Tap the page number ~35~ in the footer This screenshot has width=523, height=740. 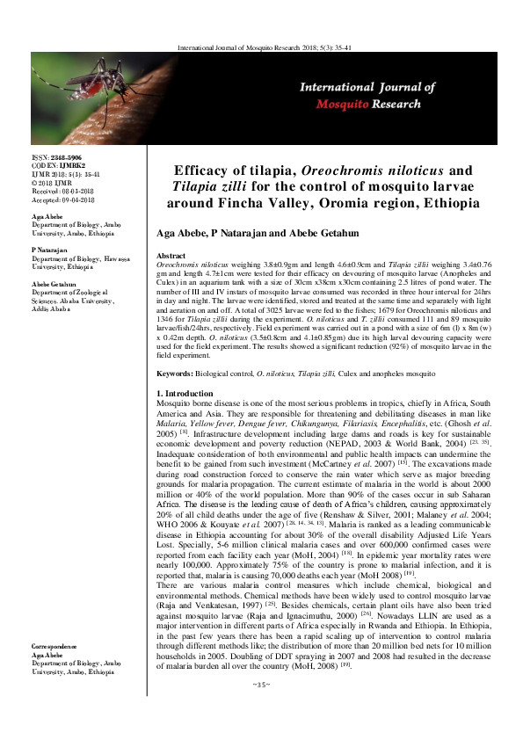click(x=261, y=707)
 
